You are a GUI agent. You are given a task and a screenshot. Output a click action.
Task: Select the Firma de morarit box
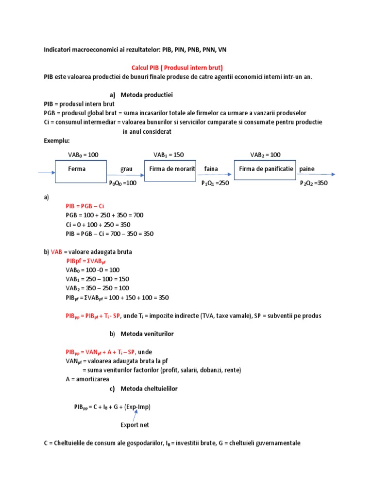pos(170,169)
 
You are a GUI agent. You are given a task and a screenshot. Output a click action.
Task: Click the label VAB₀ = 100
pos(83,155)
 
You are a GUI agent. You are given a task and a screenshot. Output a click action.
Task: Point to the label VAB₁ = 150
pos(169,155)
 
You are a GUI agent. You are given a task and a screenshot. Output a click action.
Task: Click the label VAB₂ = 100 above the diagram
pos(265,155)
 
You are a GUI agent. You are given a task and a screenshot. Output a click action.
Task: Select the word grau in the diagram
pos(126,169)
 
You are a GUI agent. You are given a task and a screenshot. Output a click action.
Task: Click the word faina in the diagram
pos(211,169)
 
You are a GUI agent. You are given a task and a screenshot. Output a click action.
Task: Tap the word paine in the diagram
pos(307,169)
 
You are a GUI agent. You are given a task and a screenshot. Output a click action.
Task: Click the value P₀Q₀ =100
pos(123,183)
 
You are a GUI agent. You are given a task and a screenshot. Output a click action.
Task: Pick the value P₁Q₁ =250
pos(215,183)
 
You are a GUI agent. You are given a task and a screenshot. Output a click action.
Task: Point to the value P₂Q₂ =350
pos(314,183)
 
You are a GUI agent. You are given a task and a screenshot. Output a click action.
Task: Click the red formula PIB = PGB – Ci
pos(85,206)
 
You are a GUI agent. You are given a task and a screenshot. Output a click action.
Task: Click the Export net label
pos(135,425)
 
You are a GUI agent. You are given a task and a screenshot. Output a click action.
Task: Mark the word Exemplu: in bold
pos(56,141)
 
